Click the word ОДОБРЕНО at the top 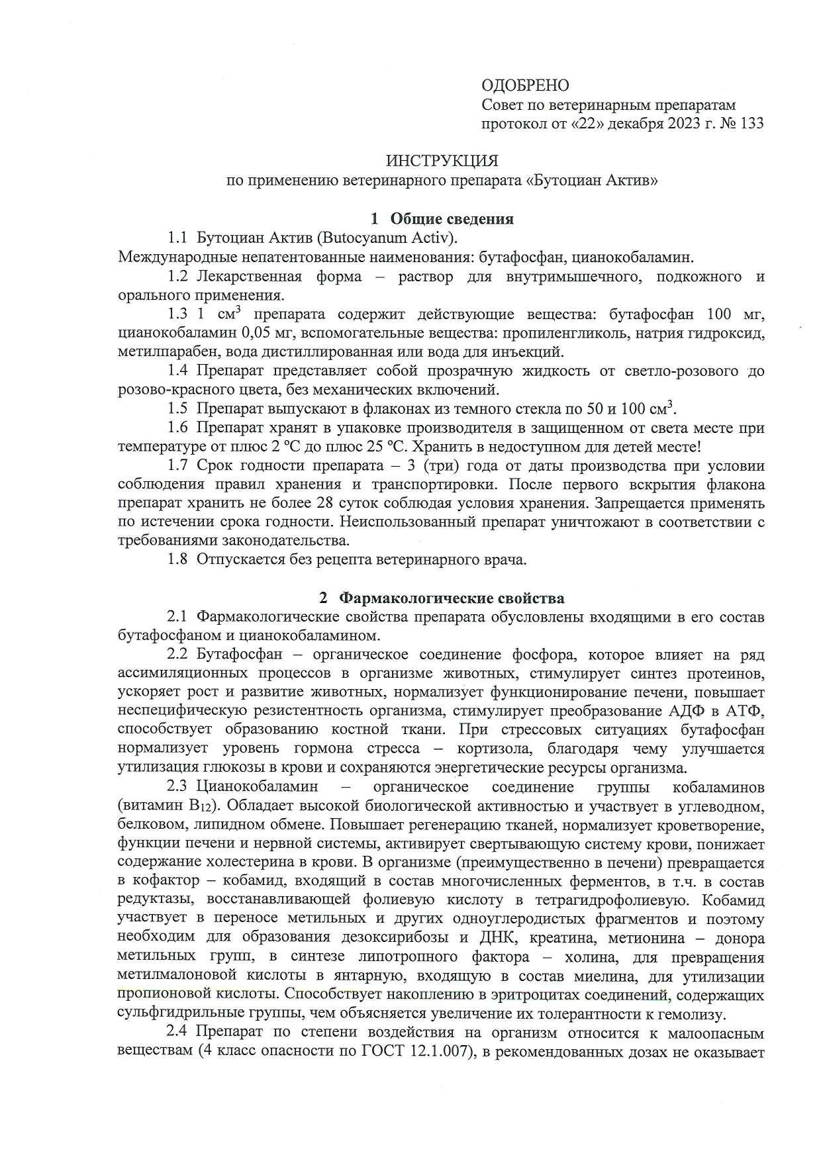coord(525,85)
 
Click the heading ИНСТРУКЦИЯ coord(442,161)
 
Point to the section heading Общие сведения coord(452,219)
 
